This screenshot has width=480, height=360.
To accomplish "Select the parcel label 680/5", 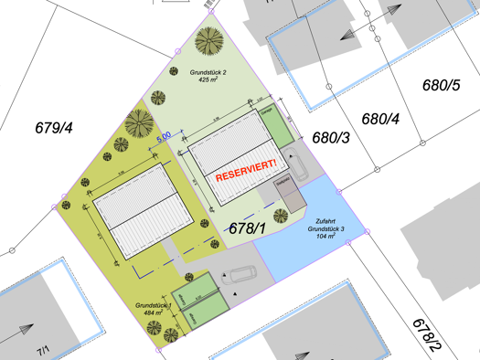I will click(x=441, y=86).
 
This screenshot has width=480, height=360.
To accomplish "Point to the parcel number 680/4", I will click(x=381, y=118).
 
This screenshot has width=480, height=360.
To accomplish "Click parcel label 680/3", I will click(x=331, y=137).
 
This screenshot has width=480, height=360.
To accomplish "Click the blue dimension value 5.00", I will click(x=164, y=136).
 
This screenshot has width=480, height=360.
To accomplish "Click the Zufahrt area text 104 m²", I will click(x=325, y=236).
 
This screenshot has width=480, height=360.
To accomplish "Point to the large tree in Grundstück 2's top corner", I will click(x=210, y=41).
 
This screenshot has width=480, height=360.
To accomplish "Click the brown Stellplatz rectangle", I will click(x=289, y=193).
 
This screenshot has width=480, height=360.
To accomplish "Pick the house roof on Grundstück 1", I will click(x=141, y=213).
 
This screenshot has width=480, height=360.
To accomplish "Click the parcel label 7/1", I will click(x=43, y=350).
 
